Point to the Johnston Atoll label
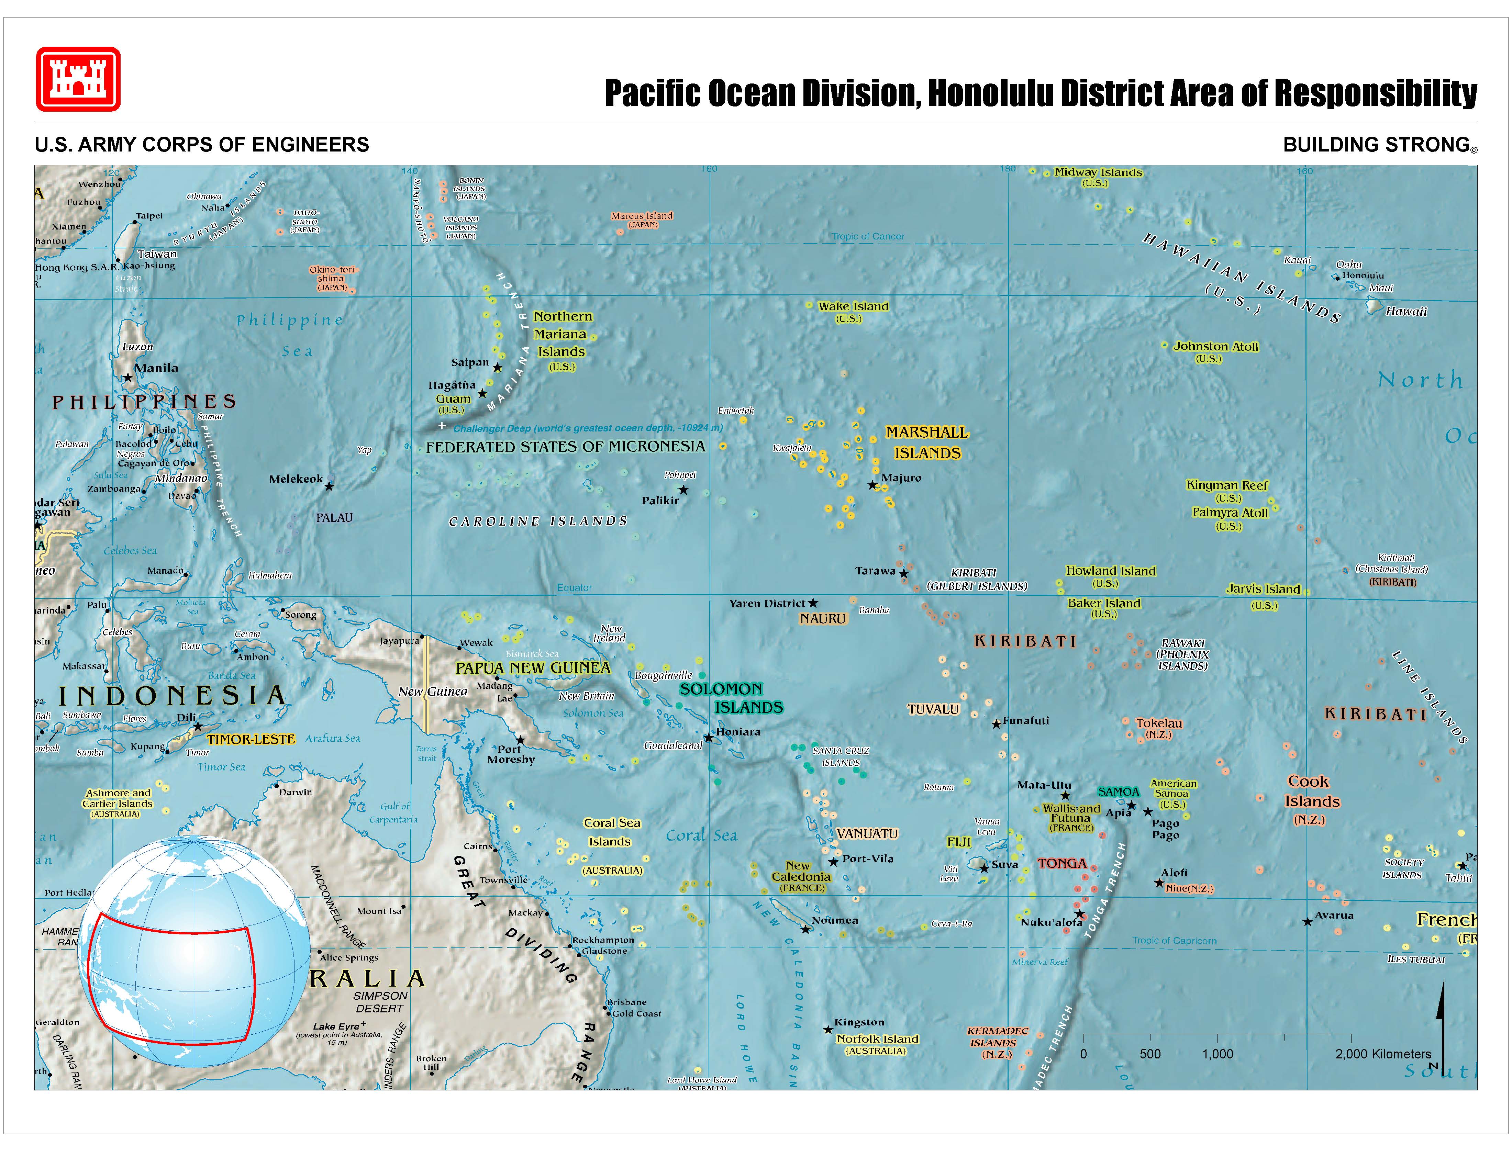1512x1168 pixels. tap(1216, 347)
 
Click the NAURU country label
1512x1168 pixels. tap(822, 619)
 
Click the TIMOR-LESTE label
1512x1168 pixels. tap(251, 739)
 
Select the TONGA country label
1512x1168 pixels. tap(1062, 864)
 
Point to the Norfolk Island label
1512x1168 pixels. tap(877, 1038)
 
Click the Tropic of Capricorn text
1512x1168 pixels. tap(1174, 940)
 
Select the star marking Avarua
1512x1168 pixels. tap(1307, 922)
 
